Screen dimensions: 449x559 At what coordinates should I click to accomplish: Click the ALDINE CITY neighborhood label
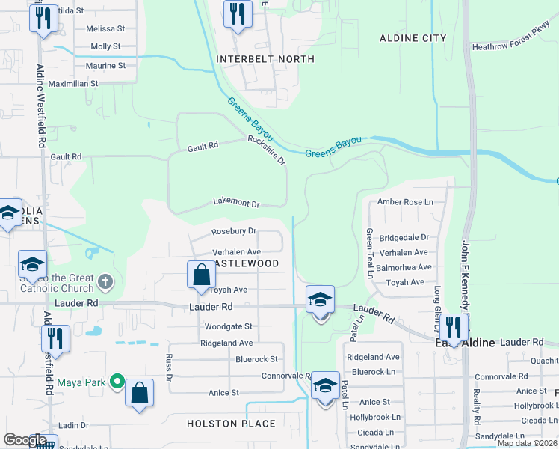(x=413, y=38)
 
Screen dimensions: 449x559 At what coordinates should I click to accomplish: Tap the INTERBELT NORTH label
(x=265, y=59)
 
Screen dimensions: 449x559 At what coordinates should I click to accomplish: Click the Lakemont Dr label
(x=236, y=204)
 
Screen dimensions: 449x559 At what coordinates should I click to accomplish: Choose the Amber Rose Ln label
(x=405, y=202)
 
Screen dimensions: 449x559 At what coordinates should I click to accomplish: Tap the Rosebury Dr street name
(x=234, y=232)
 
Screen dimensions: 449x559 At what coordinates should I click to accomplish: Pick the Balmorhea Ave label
(x=404, y=267)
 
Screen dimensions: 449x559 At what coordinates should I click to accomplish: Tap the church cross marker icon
(x=105, y=282)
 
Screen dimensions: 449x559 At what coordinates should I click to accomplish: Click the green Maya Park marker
(x=117, y=382)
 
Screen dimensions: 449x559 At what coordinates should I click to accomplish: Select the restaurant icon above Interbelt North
(x=237, y=14)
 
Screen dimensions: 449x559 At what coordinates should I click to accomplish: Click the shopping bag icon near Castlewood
(x=201, y=275)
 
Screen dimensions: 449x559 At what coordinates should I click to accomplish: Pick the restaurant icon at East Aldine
(x=452, y=326)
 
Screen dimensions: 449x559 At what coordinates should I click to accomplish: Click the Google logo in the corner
(x=25, y=440)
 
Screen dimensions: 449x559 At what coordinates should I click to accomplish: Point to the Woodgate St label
(x=228, y=326)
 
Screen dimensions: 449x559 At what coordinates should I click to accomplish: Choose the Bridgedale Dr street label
(x=404, y=237)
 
